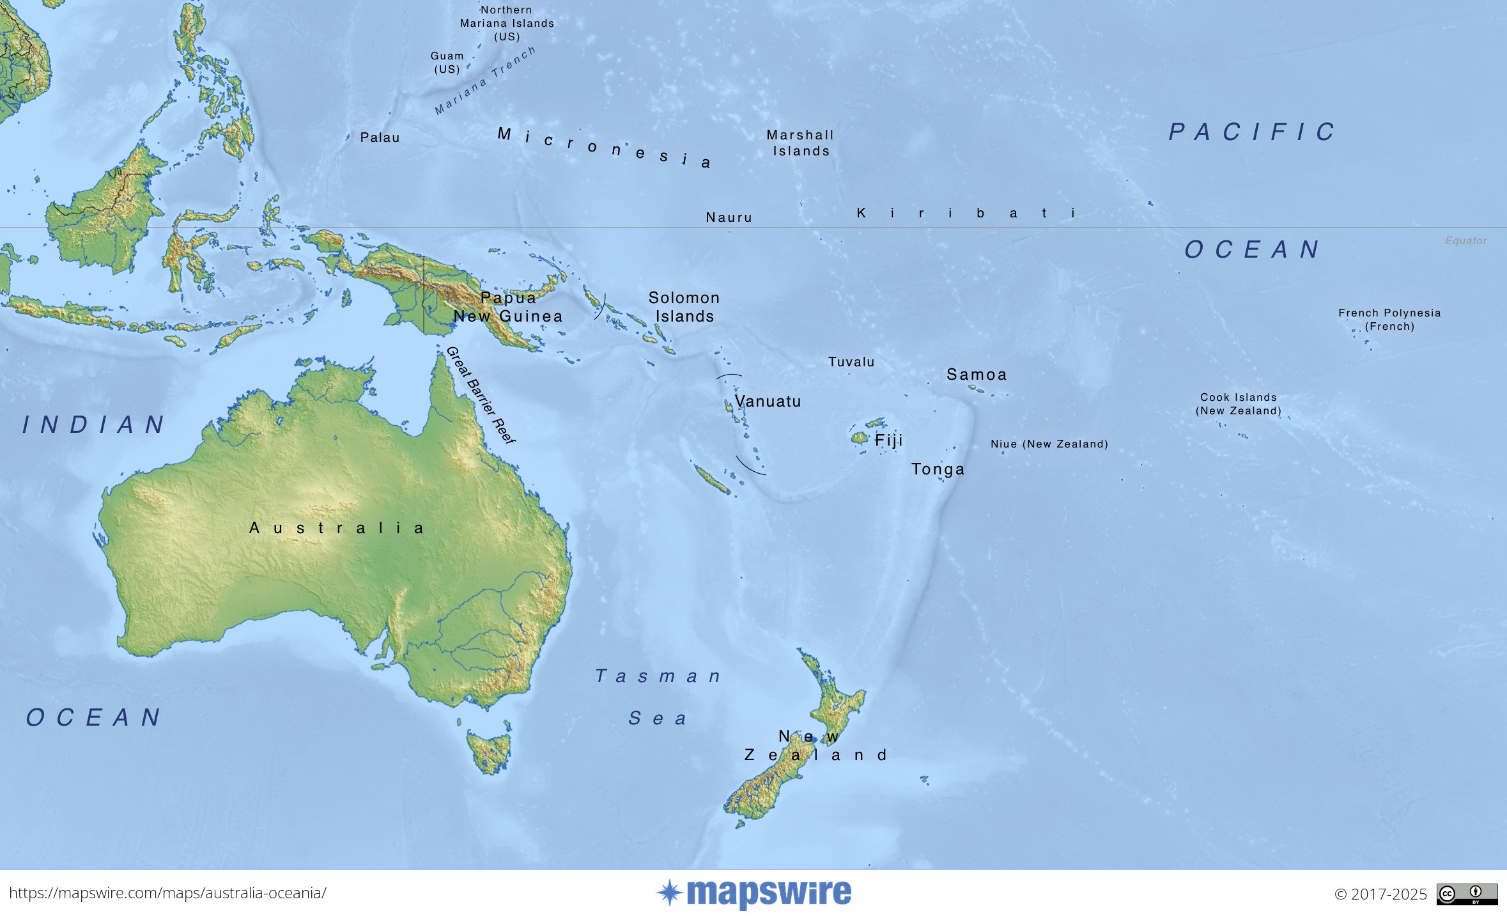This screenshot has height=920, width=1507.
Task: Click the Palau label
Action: [x=380, y=137]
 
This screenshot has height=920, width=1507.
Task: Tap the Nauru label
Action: [x=729, y=217]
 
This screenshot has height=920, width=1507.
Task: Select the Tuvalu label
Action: [x=851, y=362]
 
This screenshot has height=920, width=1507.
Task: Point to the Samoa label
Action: [x=977, y=375]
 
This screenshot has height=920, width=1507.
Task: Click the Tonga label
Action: [x=938, y=469]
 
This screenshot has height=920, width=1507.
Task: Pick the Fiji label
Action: [x=888, y=441]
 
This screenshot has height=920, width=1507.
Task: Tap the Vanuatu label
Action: [x=768, y=402]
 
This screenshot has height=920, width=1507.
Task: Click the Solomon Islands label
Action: [x=684, y=307]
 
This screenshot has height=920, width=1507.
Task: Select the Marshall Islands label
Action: [x=801, y=143]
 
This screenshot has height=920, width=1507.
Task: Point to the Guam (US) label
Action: [x=447, y=63]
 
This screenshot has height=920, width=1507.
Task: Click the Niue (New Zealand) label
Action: [x=1049, y=444]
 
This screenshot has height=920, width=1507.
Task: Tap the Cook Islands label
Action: [x=1238, y=404]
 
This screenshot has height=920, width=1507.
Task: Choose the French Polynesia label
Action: [x=1389, y=320]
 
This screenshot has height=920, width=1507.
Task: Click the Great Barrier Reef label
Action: [x=481, y=395]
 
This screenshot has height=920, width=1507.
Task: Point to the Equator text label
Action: [x=1465, y=241]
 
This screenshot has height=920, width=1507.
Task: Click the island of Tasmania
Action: [x=490, y=751]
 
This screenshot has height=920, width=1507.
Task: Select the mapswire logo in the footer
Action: [x=754, y=893]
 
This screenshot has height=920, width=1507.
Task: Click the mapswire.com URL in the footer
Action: [x=167, y=893]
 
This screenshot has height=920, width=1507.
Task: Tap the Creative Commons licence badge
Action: [x=1467, y=894]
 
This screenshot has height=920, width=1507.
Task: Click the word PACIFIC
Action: [x=1252, y=132]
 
